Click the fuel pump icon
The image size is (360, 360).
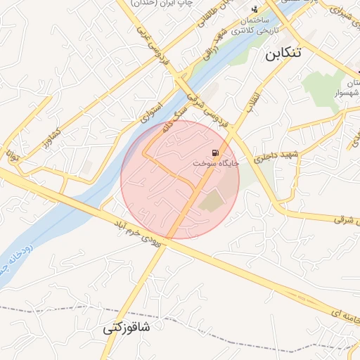pos(214,153)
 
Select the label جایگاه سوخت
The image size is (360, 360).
pos(217,163)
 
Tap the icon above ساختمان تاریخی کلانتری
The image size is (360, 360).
pos(254,9)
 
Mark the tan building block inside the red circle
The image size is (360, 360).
pos(212,202)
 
